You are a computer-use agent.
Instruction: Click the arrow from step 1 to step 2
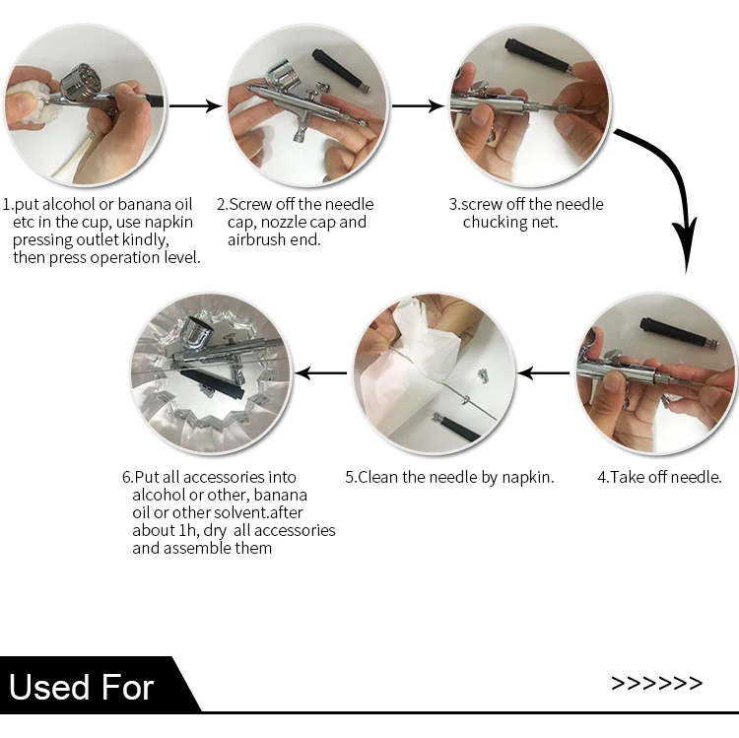pos(195,105)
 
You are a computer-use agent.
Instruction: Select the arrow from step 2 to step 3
pos(418,105)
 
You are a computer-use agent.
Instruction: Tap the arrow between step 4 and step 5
pos(543,373)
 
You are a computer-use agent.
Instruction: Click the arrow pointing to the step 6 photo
pos(320,373)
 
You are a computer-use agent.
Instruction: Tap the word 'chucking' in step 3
pos(494,222)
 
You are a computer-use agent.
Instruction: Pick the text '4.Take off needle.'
pos(659,478)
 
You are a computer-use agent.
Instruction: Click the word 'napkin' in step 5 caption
pos(528,478)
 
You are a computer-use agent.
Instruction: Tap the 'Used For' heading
pos(82,687)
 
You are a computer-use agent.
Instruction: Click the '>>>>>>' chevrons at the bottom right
pos(656,683)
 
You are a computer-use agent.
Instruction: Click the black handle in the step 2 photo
pos(341,70)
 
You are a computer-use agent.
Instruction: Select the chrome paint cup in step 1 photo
pos(80,83)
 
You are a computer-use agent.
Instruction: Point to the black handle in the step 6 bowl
pos(211,383)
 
